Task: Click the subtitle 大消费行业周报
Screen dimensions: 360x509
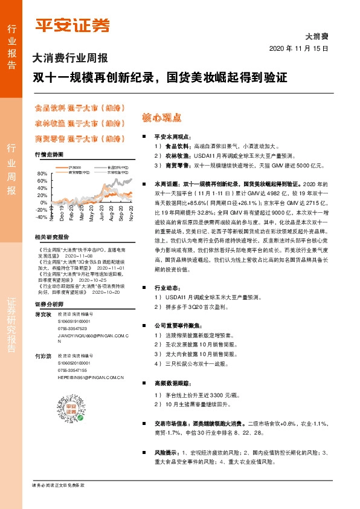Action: coord(70,59)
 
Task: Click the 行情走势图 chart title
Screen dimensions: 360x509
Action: coord(49,155)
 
